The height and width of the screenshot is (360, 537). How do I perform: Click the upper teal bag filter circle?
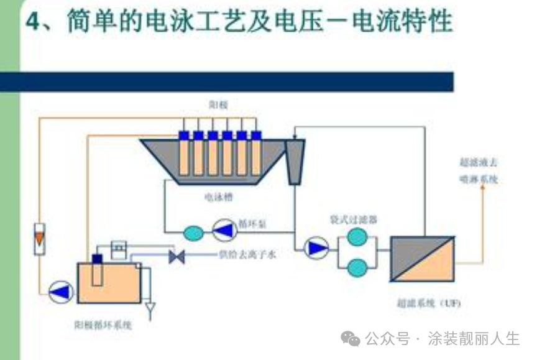tap(357, 237)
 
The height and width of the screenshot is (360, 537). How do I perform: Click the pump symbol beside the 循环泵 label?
tap(224, 231)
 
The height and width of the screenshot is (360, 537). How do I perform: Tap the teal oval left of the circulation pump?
tap(193, 233)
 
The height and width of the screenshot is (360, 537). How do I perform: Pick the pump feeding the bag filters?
tap(317, 249)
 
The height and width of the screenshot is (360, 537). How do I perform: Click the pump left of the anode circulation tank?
tap(60, 290)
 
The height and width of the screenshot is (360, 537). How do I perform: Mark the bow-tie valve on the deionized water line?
tap(177, 256)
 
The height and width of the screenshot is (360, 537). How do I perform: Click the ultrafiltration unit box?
tap(422, 259)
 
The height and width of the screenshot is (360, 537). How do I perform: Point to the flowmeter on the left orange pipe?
tap(40, 238)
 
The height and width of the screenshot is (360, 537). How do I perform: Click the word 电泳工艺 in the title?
tap(198, 24)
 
